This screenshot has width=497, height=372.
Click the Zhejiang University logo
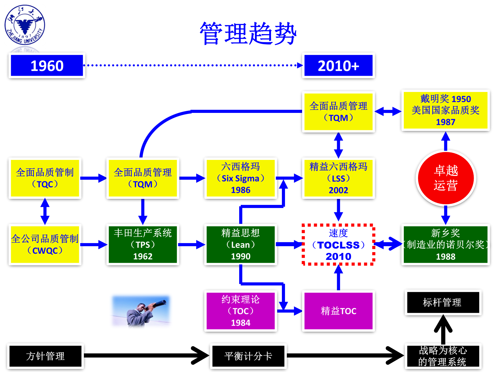pos(25,25)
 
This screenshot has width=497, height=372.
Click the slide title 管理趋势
pos(248,34)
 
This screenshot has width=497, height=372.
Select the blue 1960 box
pos(47,66)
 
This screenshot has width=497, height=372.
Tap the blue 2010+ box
pos(338,66)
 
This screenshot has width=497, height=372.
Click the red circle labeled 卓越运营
pos(446,178)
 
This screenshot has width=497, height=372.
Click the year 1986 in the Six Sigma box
pos(240,190)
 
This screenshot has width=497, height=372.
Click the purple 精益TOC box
pos(338,311)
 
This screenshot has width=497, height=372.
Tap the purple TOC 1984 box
pos(240,311)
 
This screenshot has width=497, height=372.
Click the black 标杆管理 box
pos(443,302)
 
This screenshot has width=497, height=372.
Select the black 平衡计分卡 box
pos(248,356)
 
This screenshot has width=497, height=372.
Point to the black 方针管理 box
pos(45,356)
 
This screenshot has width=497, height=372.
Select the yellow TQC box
pos(45,178)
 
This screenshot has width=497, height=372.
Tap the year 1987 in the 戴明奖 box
pos(445,122)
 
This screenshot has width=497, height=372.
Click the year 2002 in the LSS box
pos(338,190)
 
